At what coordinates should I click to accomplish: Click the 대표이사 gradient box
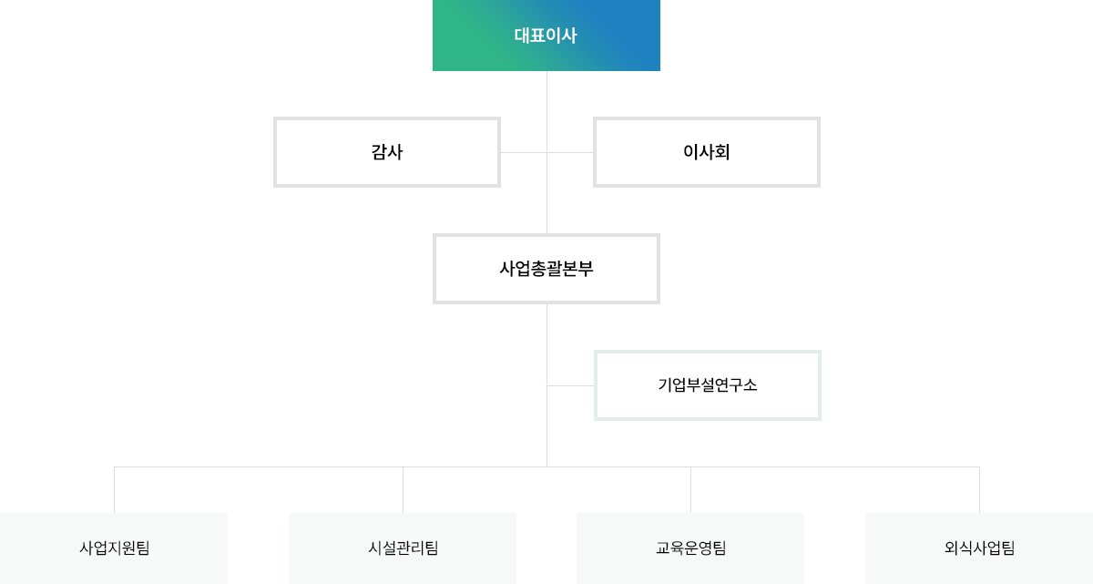coord(546,36)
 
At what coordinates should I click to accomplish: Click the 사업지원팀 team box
coord(114,548)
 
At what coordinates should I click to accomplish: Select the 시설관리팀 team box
coord(403,548)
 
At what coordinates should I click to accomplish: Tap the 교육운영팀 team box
coord(690,548)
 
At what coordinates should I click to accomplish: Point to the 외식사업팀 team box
coord(979,548)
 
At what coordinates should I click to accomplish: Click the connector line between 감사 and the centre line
coord(524,152)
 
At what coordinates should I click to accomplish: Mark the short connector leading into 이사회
coord(570,152)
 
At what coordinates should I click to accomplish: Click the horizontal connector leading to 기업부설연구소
coord(570,385)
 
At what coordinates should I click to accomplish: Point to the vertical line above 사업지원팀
coord(114,490)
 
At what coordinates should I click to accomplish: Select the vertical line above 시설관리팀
coord(403,490)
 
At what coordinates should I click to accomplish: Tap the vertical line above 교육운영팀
coord(691,490)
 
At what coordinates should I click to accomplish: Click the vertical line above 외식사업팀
coord(979,490)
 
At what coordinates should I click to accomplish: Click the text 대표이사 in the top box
coord(546,36)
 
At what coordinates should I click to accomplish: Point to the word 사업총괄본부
coord(546,269)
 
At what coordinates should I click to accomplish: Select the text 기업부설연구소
coord(708,385)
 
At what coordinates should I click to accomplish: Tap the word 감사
coord(387,152)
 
